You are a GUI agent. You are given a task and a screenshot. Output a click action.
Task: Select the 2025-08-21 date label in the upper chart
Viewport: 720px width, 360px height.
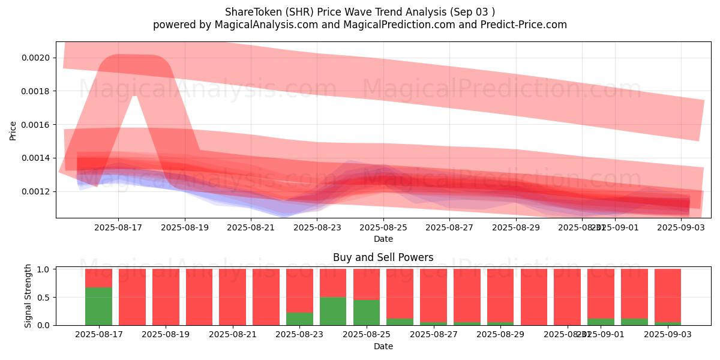click(x=251, y=227)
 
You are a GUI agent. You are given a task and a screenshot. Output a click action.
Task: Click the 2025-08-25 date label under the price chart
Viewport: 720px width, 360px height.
click(x=383, y=227)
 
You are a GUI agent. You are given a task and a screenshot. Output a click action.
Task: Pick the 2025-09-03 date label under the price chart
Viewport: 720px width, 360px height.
click(x=681, y=227)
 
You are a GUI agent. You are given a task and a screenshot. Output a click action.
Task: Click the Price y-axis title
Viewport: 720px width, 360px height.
click(x=13, y=130)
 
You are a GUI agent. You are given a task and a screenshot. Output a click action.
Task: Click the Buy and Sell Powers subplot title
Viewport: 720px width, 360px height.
click(x=383, y=258)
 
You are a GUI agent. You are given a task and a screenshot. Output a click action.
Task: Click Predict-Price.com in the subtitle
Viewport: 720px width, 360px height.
click(x=523, y=25)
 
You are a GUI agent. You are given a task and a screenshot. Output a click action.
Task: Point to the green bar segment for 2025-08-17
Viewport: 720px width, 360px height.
click(x=98, y=306)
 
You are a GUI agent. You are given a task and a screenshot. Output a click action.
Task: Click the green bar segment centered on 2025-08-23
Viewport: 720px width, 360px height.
click(x=333, y=311)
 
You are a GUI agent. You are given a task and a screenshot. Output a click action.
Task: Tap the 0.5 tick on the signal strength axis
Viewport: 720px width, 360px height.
click(x=44, y=298)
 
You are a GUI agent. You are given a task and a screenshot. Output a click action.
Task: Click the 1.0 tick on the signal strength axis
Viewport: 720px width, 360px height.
click(x=44, y=269)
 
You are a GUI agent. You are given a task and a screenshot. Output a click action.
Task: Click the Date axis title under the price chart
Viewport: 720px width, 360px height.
click(x=383, y=239)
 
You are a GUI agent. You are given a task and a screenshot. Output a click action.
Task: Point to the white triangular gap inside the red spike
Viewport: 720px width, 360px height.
click(x=133, y=120)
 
